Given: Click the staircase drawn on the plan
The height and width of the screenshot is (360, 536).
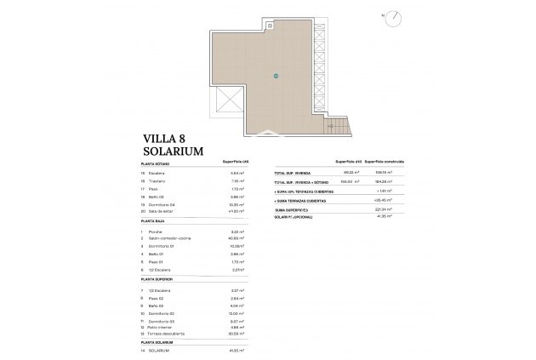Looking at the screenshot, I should [x=340, y=128].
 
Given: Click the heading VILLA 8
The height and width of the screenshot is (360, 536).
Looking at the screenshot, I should [x=166, y=135].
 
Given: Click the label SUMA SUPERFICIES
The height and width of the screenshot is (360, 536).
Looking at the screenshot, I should [x=291, y=209].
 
